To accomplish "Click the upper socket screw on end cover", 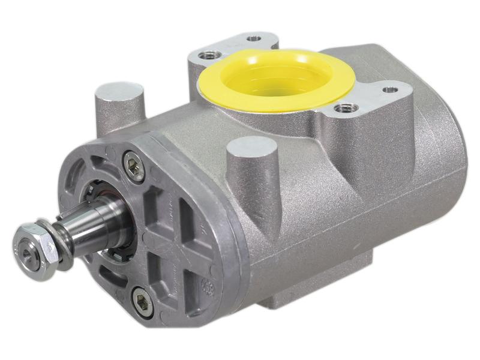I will click(133, 166).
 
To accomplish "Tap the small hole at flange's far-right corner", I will click(392, 89).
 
